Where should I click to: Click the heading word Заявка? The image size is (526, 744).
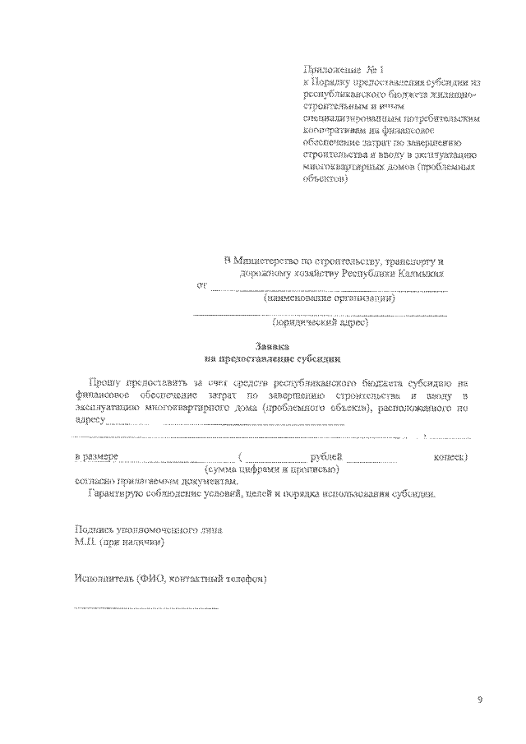click(272, 347)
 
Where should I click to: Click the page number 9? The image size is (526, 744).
click(479, 700)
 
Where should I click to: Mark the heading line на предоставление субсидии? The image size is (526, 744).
click(272, 359)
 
